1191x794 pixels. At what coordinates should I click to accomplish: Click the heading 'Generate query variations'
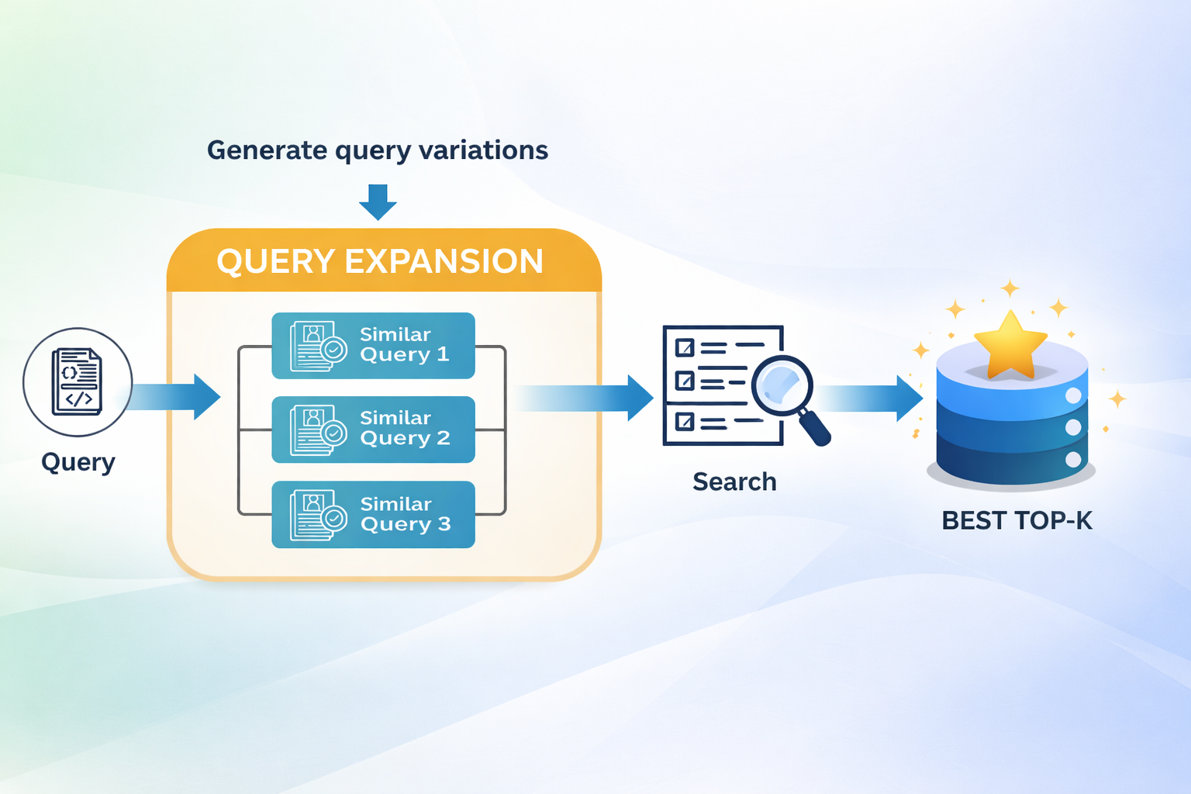tap(378, 150)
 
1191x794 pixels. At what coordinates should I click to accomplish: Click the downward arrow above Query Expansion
tap(378, 202)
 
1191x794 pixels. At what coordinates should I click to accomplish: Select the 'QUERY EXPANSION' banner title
tap(380, 261)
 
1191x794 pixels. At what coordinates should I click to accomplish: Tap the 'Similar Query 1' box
tap(373, 346)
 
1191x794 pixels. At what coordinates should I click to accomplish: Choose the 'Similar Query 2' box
tap(373, 430)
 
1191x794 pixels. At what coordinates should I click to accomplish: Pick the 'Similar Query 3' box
tap(373, 515)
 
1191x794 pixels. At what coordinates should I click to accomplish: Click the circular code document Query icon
tap(78, 382)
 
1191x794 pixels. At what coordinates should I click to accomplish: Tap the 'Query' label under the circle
tap(78, 462)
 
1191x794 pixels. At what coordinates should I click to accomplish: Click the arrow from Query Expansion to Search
tap(589, 398)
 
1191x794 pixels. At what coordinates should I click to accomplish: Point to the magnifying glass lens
tap(782, 385)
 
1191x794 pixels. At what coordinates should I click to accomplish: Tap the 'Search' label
tap(734, 482)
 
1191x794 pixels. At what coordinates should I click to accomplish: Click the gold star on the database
tap(1010, 345)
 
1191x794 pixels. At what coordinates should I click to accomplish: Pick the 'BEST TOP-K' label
tap(1017, 520)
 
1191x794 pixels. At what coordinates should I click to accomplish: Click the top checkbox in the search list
tap(685, 347)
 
